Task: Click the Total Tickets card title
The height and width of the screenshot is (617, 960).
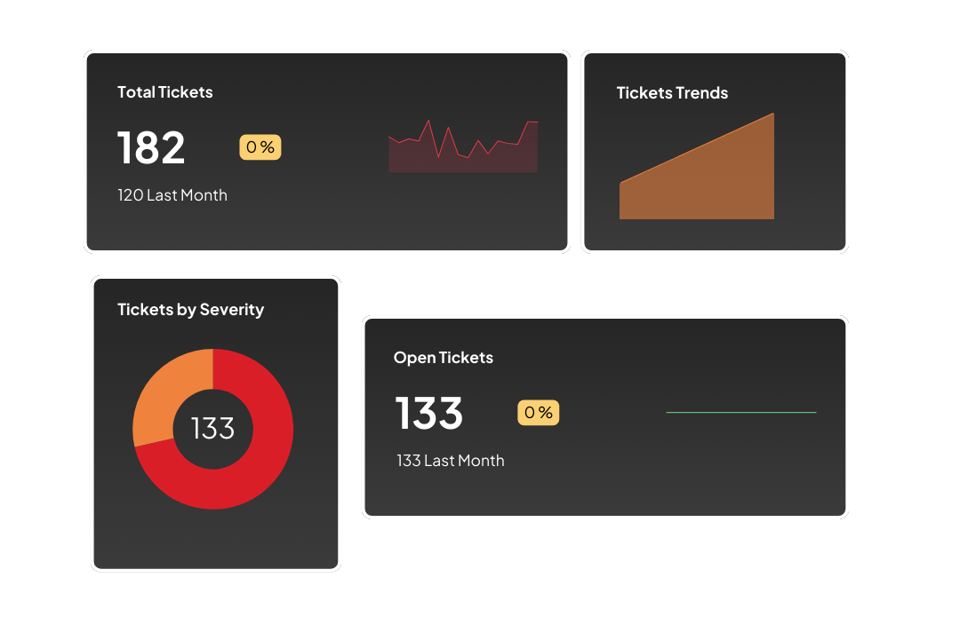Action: pyautogui.click(x=165, y=92)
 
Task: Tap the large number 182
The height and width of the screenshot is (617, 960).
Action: pyautogui.click(x=151, y=147)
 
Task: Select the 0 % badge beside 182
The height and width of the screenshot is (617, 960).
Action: pyautogui.click(x=260, y=147)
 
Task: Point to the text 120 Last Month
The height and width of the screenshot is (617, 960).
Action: pyautogui.click(x=172, y=195)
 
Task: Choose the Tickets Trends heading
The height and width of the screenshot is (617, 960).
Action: pyautogui.click(x=672, y=93)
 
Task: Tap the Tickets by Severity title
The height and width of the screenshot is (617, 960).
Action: pyautogui.click(x=190, y=310)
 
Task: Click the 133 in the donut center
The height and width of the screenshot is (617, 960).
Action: pyautogui.click(x=212, y=429)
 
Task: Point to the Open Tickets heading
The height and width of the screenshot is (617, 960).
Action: pyautogui.click(x=443, y=358)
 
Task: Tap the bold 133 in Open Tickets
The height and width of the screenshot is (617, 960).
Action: pyautogui.click(x=428, y=413)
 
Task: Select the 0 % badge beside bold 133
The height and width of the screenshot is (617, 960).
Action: pyautogui.click(x=539, y=413)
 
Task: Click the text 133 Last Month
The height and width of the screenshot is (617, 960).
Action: pyautogui.click(x=451, y=461)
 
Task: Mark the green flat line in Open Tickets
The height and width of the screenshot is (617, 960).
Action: pyautogui.click(x=740, y=412)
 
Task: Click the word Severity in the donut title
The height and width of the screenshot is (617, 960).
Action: pyautogui.click(x=232, y=310)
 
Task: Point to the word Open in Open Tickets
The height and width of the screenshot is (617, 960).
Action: pyautogui.click(x=414, y=358)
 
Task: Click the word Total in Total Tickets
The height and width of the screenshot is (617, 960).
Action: pyautogui.click(x=136, y=92)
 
